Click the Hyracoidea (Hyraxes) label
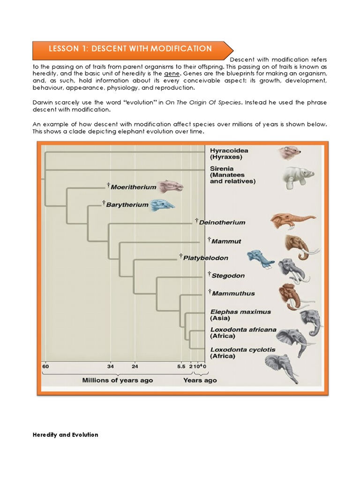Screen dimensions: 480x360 click(229, 154)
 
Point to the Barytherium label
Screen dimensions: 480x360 click(127, 205)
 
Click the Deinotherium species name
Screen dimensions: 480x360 click(222, 222)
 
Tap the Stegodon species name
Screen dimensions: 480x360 click(228, 276)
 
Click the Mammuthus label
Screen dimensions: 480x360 click(233, 293)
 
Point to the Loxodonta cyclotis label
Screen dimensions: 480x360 click(243, 352)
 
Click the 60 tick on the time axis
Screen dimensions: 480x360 click(45, 366)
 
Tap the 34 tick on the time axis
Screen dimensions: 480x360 click(110, 366)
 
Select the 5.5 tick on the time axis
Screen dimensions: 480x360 click(181, 366)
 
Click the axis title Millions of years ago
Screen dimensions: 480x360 click(117, 380)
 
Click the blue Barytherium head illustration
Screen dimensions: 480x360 click(162, 204)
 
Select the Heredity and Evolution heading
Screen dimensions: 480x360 click(65, 435)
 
